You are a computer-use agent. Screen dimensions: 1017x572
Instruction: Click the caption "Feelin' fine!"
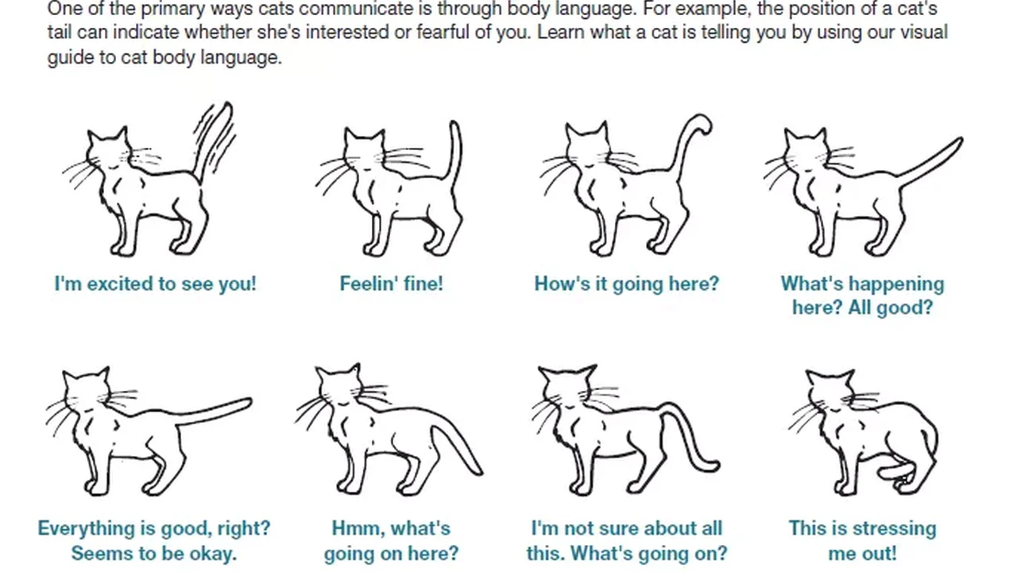pos(392,284)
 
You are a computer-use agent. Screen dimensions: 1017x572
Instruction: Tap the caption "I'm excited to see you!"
pos(155,284)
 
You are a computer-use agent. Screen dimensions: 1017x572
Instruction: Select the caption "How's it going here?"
pos(627,284)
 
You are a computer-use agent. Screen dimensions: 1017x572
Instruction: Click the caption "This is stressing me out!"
pos(863,541)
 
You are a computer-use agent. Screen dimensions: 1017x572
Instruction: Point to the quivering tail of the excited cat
pos(214,141)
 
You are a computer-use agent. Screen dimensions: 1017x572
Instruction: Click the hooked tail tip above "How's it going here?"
pos(702,124)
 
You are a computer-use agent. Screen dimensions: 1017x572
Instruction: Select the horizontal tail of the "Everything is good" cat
pos(214,411)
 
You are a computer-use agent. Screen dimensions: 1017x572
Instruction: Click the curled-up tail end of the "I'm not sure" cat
pos(708,466)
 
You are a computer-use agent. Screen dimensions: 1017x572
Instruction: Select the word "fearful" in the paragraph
pos(443,33)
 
